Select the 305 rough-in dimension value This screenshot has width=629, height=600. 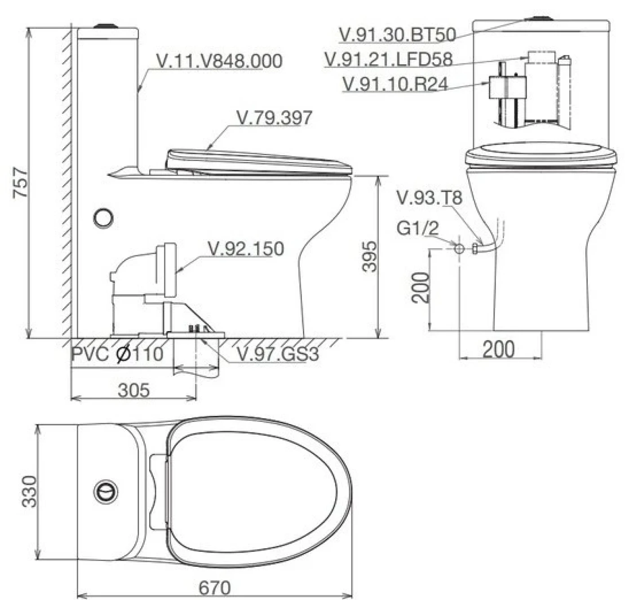point(134,390)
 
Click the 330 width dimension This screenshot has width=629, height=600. point(29,492)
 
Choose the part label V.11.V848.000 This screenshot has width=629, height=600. point(220,61)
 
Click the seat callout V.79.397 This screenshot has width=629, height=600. point(274,117)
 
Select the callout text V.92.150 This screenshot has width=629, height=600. point(246,249)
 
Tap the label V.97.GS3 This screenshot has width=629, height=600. point(278,354)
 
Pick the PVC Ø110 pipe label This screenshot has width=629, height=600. point(117,354)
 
